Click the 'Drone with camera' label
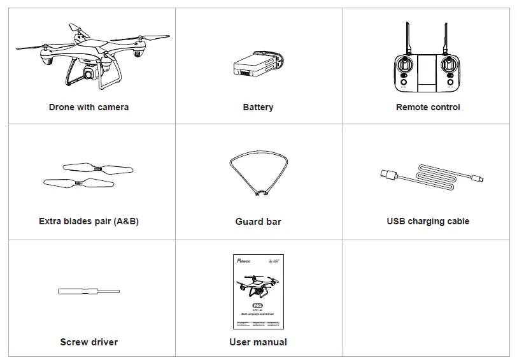point(89,107)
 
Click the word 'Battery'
point(258,107)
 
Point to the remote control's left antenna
point(406,38)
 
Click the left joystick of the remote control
point(404,64)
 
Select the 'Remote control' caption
point(428,107)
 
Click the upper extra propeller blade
point(98,169)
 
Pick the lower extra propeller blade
point(78,183)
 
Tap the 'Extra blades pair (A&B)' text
point(89,221)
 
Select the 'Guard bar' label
point(258,222)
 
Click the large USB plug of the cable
point(388,173)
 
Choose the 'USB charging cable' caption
point(428,221)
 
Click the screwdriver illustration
point(89,292)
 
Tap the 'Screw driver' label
point(89,342)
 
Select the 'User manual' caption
point(258,342)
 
